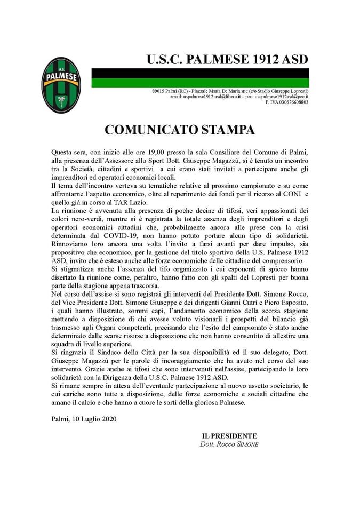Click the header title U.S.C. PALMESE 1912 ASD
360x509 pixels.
(227, 59)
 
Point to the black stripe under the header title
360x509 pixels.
(200, 73)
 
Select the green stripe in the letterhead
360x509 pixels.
(200, 83)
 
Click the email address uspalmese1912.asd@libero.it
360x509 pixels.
(205, 97)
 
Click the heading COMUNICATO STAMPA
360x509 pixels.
(180, 130)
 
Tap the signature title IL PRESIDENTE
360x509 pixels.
(229, 436)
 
